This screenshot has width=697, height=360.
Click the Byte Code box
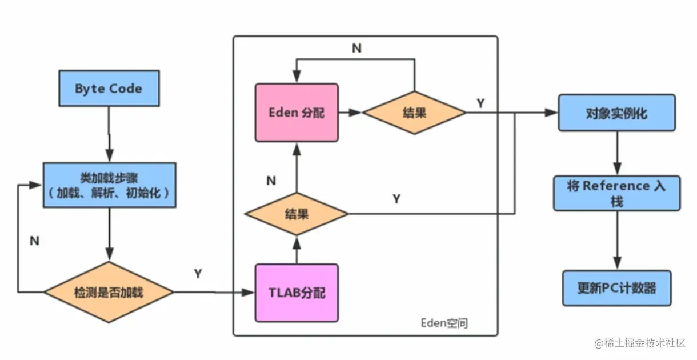(x=109, y=89)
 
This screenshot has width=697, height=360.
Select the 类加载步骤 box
(x=109, y=184)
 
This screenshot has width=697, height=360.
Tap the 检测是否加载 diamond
(x=109, y=293)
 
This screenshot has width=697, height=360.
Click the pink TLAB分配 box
(x=297, y=293)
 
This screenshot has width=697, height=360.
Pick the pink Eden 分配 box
(x=297, y=113)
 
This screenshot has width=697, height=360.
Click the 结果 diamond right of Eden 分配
(x=414, y=113)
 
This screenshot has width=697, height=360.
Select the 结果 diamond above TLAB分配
(x=297, y=214)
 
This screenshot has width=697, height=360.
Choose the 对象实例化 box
(x=616, y=113)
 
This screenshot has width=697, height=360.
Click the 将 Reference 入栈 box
(x=616, y=193)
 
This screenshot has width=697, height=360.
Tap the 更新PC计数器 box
(x=616, y=288)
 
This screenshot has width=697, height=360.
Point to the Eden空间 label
(x=444, y=323)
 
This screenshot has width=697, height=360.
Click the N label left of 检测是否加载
(x=34, y=241)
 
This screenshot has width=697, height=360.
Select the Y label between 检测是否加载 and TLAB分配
(x=198, y=274)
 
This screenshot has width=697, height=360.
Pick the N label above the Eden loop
(x=356, y=49)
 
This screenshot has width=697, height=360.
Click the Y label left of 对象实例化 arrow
(x=480, y=103)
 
